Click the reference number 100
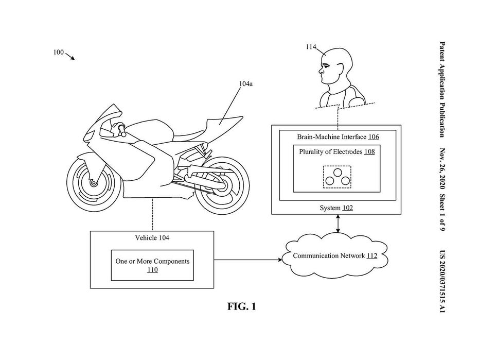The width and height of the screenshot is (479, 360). point(58,53)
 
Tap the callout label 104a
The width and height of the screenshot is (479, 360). point(245,83)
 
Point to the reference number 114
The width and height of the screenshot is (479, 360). point(311,47)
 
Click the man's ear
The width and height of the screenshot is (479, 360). point(339,66)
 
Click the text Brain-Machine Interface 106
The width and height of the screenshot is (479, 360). point(338,136)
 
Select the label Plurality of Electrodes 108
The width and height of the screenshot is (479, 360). point(337,152)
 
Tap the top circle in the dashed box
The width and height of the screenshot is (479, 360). point(338,173)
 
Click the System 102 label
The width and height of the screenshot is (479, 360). point(336,208)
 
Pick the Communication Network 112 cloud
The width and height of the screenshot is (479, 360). point(335,255)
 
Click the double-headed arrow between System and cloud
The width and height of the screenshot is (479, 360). point(338,224)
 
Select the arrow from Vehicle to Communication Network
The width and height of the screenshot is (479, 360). point(248,260)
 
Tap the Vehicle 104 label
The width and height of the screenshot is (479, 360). point(152,237)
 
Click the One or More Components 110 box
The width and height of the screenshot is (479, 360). point(152,265)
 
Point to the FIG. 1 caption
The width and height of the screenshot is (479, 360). point(242,306)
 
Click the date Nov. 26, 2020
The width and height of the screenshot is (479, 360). point(442,168)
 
